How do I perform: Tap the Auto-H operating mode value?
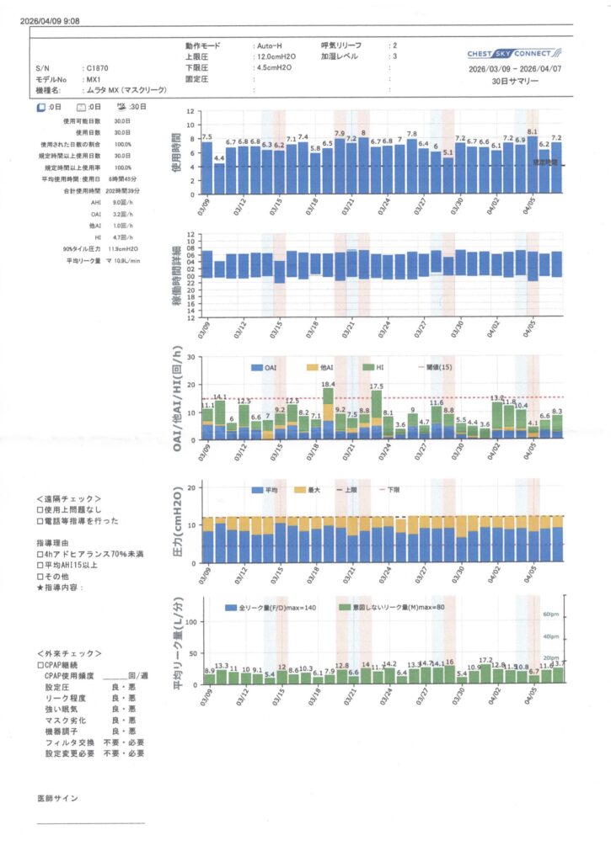(x=271, y=44)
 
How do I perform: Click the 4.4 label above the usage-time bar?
(x=219, y=158)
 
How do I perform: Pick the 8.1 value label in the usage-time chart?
(x=532, y=131)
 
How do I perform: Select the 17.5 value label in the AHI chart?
(x=377, y=386)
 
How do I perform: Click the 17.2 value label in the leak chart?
(x=485, y=661)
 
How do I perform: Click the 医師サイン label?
(x=57, y=796)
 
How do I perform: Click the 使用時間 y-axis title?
(x=176, y=153)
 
